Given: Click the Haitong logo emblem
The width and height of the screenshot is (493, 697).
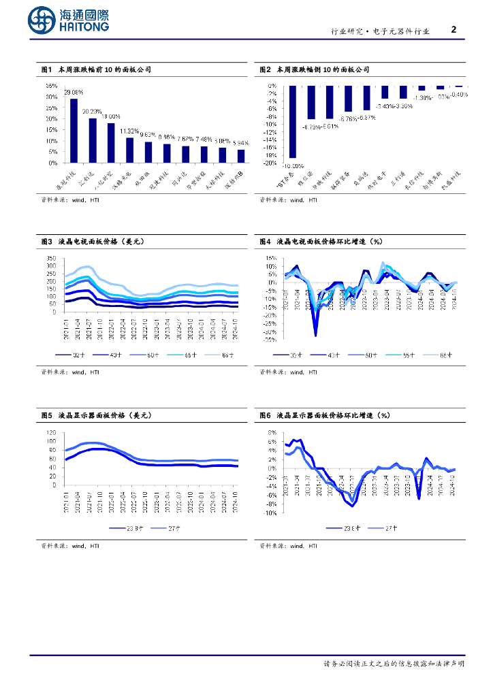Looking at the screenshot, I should point(42,20).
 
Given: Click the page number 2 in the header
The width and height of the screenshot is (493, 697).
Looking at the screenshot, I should point(454,30).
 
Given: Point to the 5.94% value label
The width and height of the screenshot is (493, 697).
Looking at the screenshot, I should point(241,143).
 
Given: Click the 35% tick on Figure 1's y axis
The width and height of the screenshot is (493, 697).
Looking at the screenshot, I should point(52,86).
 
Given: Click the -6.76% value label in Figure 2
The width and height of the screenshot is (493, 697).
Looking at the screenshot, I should point(348,118).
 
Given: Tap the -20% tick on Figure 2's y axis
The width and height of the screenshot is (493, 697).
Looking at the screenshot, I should point(271,163).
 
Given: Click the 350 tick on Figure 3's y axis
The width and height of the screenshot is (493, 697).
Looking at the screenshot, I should point(51,259).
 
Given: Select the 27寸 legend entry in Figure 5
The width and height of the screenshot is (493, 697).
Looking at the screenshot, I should point(176,528).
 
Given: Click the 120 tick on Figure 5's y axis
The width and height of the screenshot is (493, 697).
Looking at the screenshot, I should point(51,432).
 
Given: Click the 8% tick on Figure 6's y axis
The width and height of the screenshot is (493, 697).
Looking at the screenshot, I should point(271,432).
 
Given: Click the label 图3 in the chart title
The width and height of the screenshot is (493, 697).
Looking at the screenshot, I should point(47,241).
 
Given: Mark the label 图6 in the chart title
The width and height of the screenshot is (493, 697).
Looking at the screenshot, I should point(266,415).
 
